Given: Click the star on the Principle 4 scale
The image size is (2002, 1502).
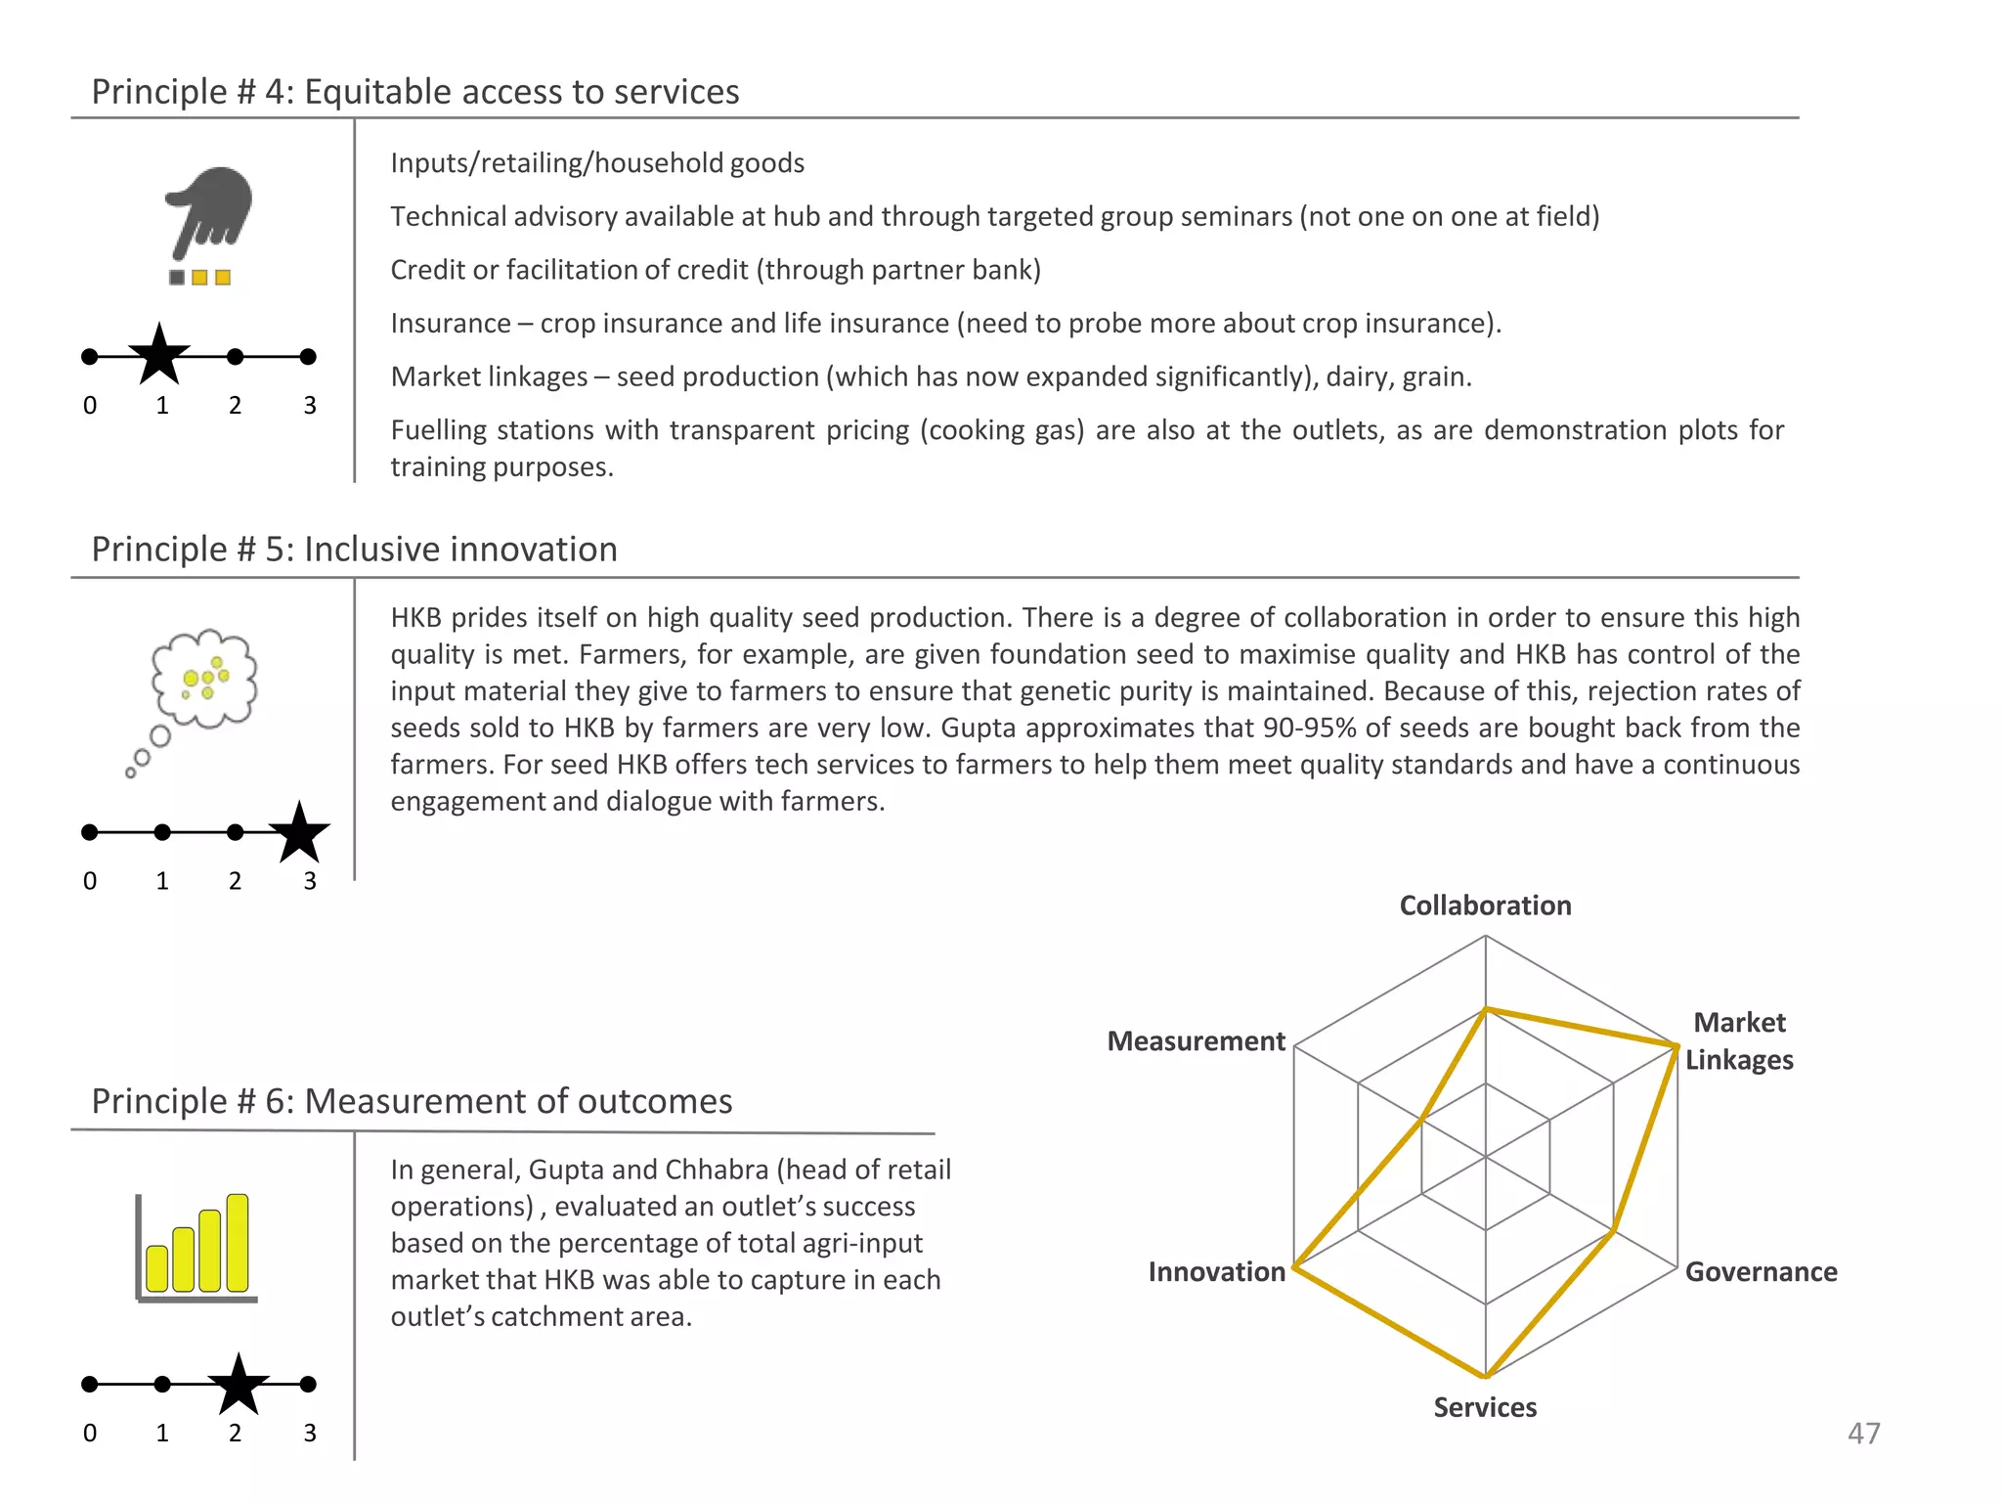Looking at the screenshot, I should point(159,356).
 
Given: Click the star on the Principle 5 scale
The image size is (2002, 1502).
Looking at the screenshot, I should point(299,833).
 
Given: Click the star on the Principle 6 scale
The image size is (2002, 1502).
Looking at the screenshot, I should point(238,1386).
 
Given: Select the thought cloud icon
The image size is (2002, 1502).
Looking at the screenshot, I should point(203,680).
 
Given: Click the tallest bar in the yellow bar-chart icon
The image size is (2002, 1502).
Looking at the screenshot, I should point(238,1243).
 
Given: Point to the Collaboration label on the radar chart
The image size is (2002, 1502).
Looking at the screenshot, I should point(1485,906).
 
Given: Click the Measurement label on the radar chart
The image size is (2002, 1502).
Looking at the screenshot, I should point(1196,1041).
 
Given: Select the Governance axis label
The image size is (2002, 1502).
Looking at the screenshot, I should point(1761,1272).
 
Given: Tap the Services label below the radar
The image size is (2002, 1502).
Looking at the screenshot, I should point(1485,1407).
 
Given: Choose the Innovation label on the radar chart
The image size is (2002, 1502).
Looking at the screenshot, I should point(1216,1272).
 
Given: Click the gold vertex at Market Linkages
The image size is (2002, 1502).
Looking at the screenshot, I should point(1676,1046).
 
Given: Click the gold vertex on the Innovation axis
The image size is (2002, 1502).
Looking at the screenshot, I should point(1294,1268).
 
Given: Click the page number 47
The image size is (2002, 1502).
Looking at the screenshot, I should point(1863,1434).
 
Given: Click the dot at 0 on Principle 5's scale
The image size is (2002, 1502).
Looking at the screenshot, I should point(90,832).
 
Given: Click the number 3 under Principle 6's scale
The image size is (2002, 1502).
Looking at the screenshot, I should point(309,1434).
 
